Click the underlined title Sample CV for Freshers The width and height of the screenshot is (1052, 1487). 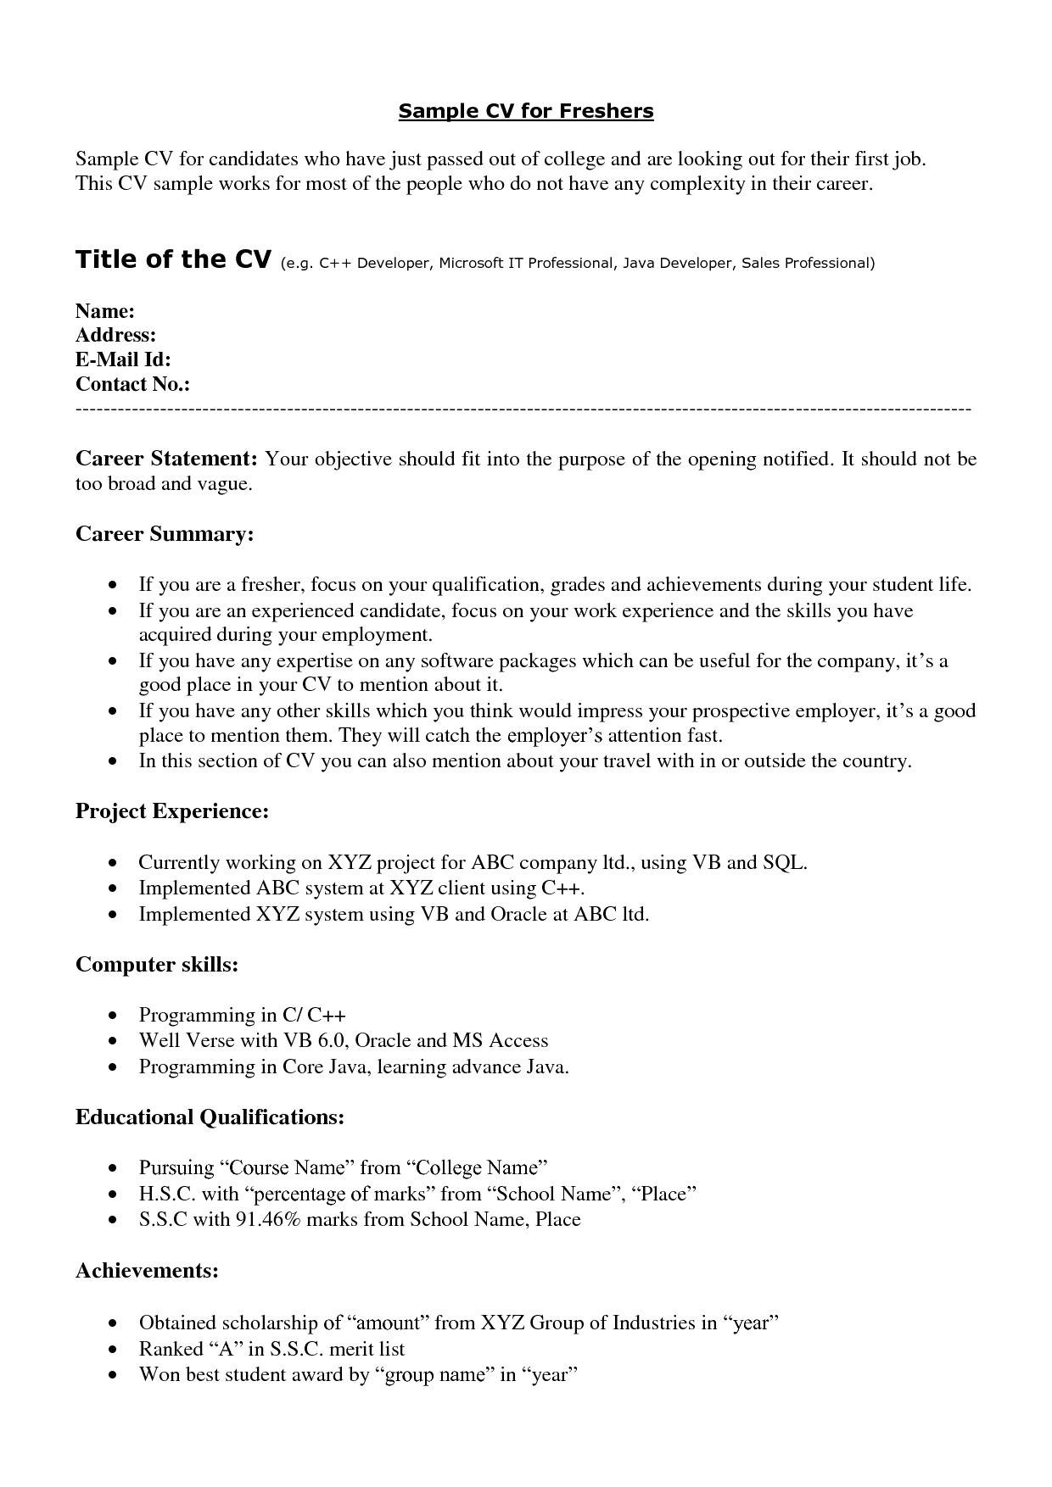(526, 111)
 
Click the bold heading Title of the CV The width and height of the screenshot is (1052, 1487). (173, 259)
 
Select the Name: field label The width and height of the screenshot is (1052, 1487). (105, 311)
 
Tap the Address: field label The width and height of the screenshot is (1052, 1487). (115, 336)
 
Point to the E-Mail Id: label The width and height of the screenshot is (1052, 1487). (123, 360)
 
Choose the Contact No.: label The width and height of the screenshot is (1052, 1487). (132, 385)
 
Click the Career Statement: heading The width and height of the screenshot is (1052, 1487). (166, 459)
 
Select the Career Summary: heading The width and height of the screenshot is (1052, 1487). (165, 534)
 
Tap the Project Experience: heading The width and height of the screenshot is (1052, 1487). (172, 811)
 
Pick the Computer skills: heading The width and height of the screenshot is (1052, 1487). (157, 965)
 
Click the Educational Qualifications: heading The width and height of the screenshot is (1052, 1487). (210, 1117)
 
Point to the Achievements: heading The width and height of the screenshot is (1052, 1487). (148, 1271)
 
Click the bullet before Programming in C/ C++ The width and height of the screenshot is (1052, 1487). (114, 1016)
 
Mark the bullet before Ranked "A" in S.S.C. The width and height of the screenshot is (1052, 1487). (114, 1350)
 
